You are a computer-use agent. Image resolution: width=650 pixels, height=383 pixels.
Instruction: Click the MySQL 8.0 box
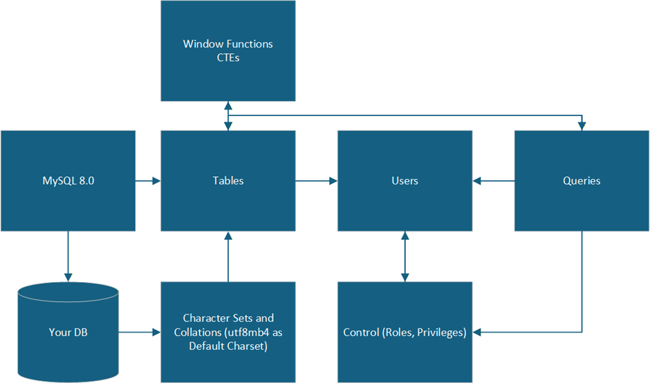coord(68,180)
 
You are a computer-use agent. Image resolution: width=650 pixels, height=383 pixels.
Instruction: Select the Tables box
coord(228,180)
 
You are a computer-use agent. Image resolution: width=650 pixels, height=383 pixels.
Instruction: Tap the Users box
coord(405,180)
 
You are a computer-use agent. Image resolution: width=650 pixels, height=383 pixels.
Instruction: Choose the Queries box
coord(582,180)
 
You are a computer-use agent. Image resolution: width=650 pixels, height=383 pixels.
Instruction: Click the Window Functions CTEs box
coord(228,51)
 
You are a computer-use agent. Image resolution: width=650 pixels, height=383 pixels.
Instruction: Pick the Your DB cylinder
coord(68,332)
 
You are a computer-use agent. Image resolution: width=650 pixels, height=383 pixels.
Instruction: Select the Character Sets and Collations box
coord(228,332)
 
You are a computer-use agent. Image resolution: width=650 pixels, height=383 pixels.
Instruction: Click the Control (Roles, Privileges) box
coord(405,332)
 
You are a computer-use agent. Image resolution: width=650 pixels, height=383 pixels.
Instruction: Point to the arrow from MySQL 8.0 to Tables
coord(148,181)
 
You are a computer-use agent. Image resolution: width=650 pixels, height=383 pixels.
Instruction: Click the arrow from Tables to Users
coord(317,181)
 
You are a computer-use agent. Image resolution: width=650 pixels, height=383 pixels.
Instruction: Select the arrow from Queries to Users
coord(494,181)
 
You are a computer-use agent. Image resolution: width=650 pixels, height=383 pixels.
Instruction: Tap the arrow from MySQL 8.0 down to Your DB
coord(68,256)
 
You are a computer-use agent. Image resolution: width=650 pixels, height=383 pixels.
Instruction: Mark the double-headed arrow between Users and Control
coord(405,256)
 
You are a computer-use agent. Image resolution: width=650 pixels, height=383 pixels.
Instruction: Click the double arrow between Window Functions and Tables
coord(228,116)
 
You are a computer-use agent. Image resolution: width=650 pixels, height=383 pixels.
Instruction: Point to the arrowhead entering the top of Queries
coord(582,126)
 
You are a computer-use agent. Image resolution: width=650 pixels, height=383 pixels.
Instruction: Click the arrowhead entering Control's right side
coord(478,333)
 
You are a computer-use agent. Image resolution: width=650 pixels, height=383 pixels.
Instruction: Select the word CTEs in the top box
coord(228,58)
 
